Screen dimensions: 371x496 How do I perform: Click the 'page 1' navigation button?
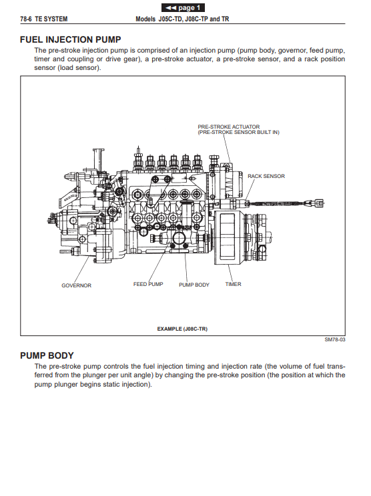pos(183,7)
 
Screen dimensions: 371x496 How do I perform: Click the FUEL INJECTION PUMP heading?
pos(71,39)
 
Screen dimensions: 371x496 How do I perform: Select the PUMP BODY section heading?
pos(47,355)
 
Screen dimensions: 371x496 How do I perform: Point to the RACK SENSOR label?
pos(266,176)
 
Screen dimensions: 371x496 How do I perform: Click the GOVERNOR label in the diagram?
pos(76,285)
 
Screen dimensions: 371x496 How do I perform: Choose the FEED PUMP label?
pos(148,284)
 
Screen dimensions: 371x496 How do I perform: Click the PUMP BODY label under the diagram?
pos(194,285)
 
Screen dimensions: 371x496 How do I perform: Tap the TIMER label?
pos(233,284)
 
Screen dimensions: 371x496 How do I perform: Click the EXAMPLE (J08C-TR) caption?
pos(182,329)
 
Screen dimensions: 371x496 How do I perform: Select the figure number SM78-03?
pos(335,339)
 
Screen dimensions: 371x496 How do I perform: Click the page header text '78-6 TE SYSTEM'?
pos(43,19)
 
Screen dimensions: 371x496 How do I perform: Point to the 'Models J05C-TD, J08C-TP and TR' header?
pos(182,19)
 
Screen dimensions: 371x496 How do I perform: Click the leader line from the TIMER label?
pos(230,273)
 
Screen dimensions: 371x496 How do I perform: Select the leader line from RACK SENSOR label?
pos(250,191)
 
